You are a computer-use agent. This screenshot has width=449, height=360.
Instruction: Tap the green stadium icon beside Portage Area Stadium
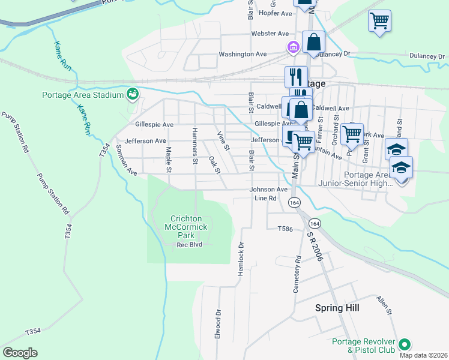coord(132,94)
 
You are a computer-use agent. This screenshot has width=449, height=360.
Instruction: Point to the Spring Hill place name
coord(337,307)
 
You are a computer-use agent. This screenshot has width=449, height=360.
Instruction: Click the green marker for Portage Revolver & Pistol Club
coord(404,344)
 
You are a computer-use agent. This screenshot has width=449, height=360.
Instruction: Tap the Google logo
coord(20,353)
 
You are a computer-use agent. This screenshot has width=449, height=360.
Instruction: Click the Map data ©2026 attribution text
coord(423,355)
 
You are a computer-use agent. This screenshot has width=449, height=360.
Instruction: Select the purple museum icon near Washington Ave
coord(292,46)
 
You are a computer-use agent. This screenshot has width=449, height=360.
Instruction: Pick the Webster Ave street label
coord(270,34)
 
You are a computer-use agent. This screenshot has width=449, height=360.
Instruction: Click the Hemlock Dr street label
coord(241,254)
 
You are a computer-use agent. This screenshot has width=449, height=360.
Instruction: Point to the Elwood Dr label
coord(218,322)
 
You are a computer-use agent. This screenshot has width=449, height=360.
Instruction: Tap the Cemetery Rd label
coord(297,274)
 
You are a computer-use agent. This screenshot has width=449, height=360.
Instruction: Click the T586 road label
coord(285,229)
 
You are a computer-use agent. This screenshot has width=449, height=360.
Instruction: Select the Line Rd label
coord(265,198)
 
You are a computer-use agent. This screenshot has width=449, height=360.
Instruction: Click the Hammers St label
coord(194,146)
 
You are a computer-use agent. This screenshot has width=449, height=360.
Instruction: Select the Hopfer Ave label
coord(274,13)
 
